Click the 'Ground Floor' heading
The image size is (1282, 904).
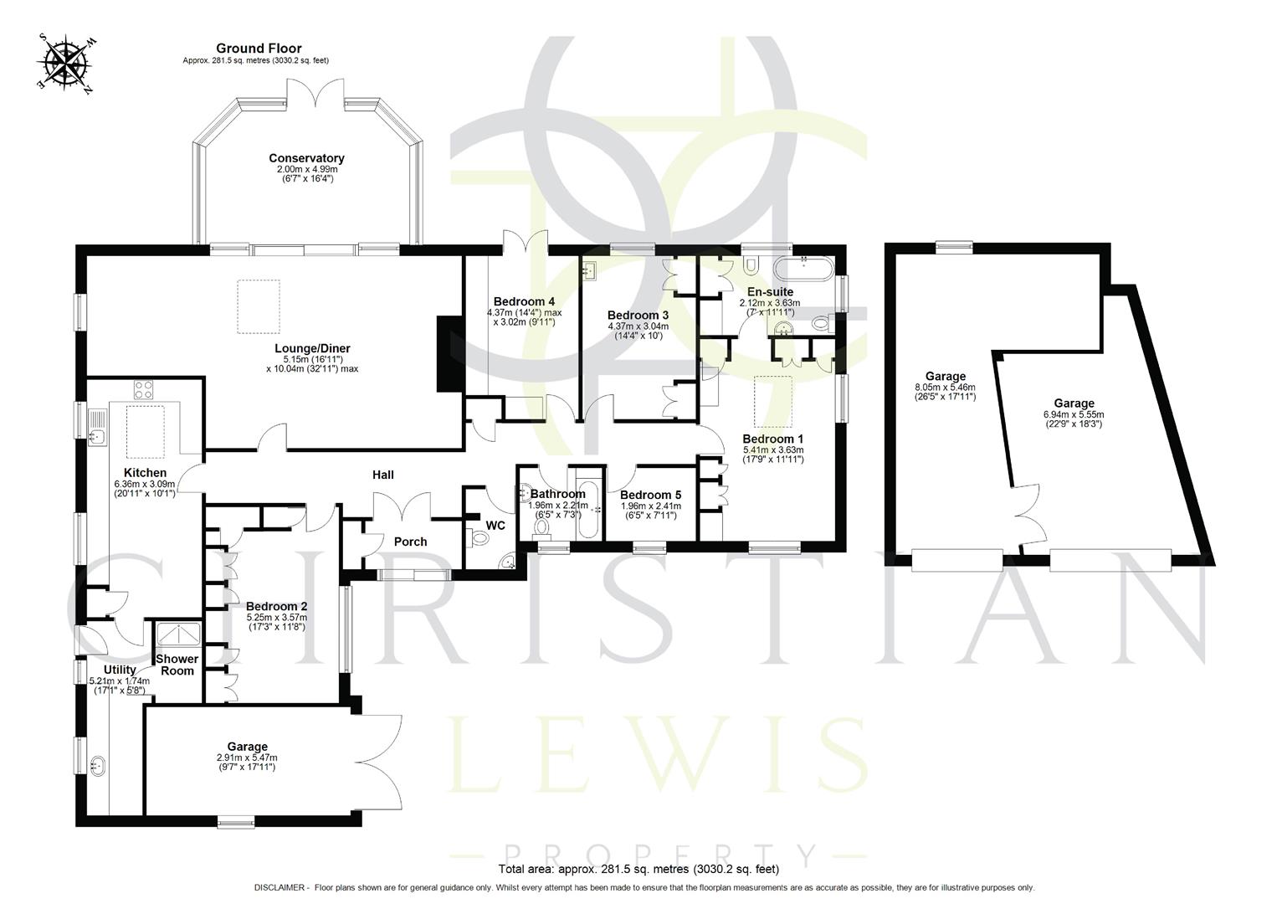pos(259,49)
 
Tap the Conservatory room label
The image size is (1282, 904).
pos(306,158)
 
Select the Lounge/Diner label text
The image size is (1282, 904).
pos(312,348)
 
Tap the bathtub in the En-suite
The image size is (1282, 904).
pos(803,270)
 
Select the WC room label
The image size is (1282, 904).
pos(495,526)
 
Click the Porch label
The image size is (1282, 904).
pos(410,542)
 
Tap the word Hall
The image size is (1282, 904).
pos(383,475)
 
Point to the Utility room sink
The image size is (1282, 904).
pos(97,765)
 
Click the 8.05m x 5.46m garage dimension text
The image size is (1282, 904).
pos(945,388)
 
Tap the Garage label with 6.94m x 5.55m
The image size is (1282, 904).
pos(1074,403)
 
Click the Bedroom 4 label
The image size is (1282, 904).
pos(524,301)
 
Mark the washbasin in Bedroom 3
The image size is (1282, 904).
pos(591,270)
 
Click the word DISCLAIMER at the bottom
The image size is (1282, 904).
pos(280,887)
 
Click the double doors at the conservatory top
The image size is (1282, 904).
pos(317,94)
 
